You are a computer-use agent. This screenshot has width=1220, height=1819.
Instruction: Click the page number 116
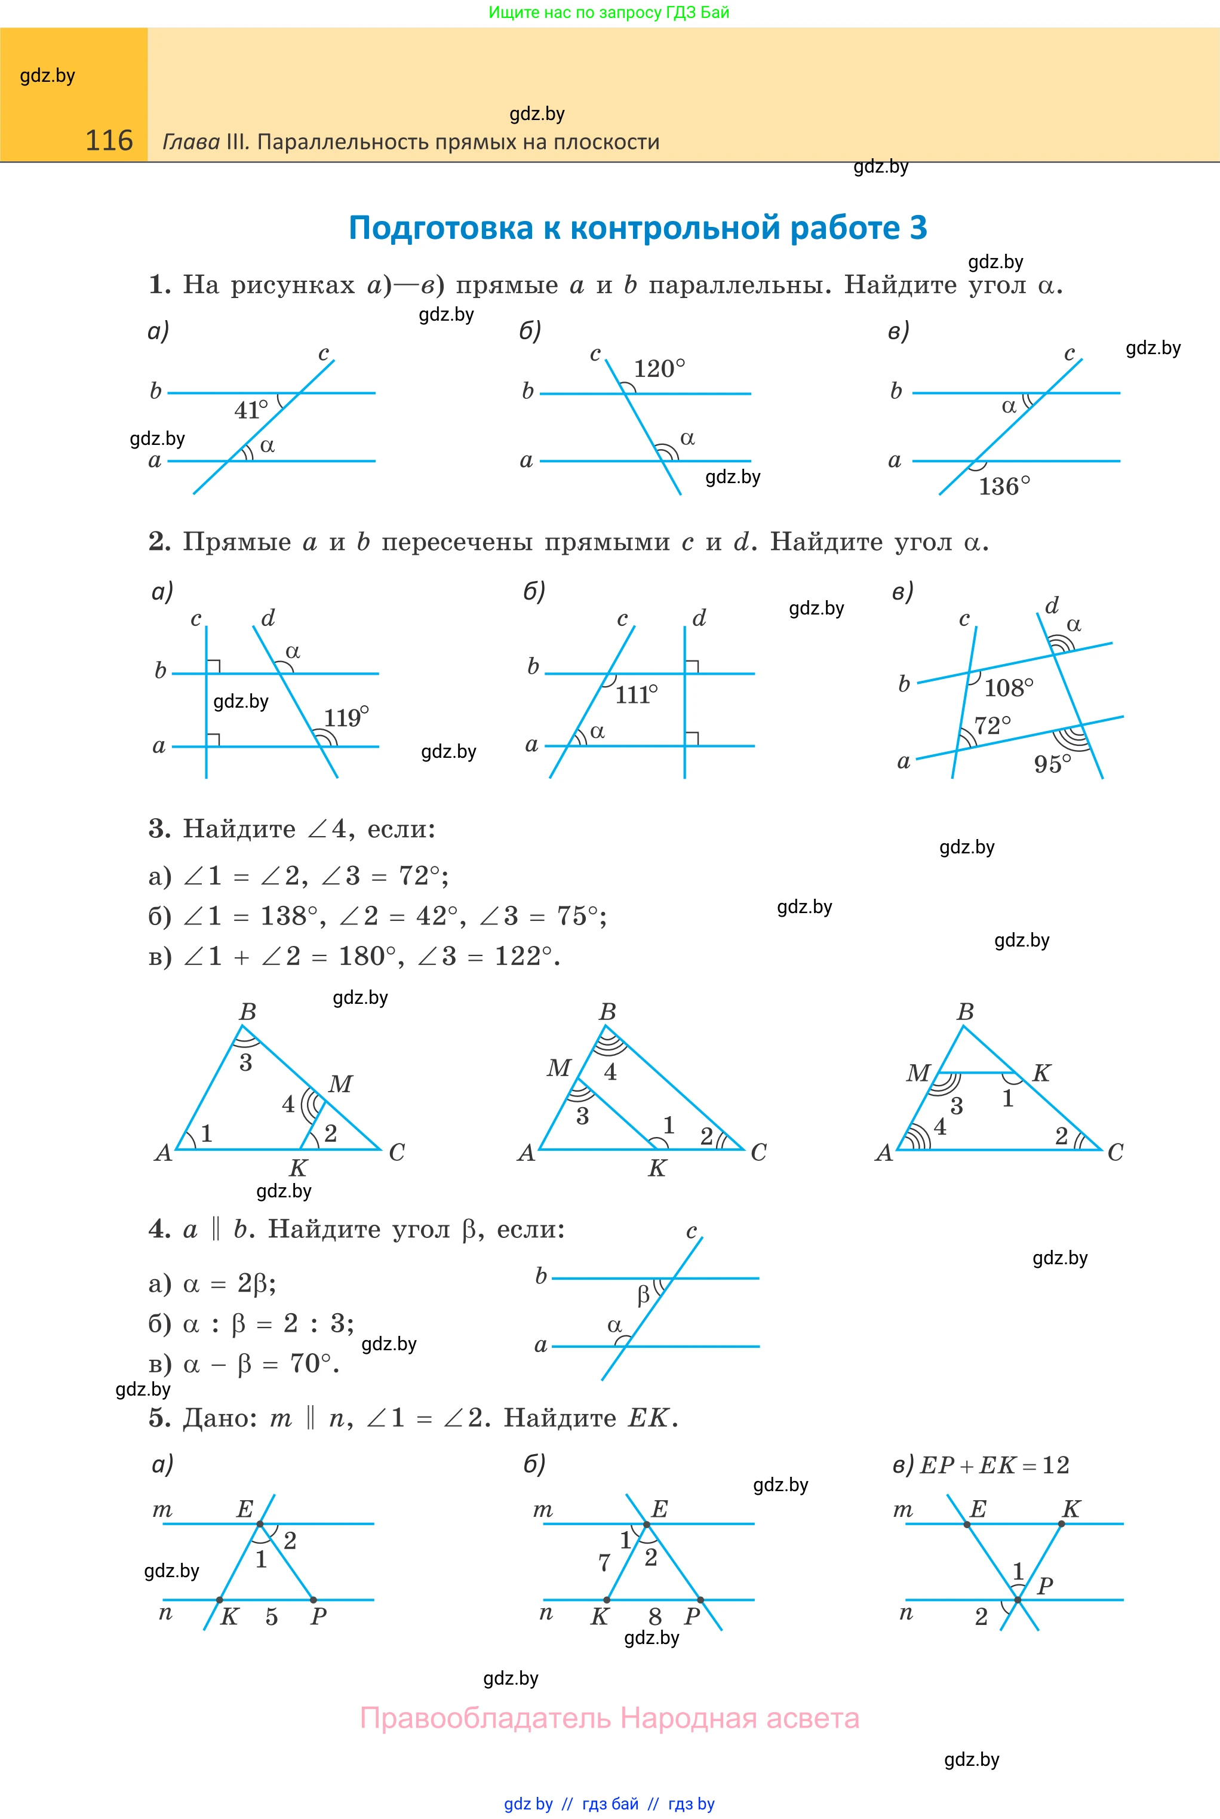point(109,141)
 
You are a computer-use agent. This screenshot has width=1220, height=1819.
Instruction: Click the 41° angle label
point(251,410)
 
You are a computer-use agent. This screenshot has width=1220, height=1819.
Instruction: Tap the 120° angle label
point(659,369)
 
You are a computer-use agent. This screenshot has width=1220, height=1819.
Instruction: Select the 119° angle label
point(346,717)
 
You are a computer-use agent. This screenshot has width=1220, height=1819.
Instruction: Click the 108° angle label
point(1009,688)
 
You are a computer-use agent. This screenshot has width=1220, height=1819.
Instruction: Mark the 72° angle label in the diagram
point(993,726)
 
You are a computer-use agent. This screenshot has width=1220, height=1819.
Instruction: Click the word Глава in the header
point(190,142)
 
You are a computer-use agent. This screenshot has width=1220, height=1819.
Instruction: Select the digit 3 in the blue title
point(918,228)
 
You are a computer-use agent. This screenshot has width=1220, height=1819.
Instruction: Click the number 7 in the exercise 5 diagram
point(604,1562)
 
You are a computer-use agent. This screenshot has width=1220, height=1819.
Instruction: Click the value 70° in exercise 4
point(314,1364)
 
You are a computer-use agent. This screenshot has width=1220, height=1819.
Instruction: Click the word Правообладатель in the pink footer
point(485,1719)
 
